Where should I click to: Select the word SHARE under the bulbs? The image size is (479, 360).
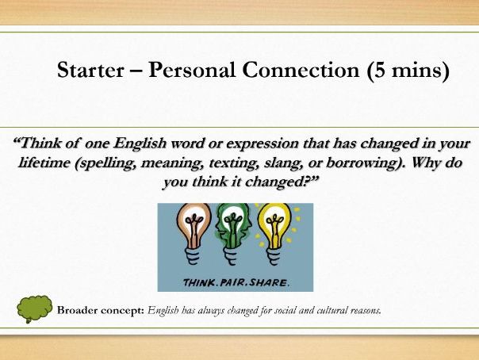[x=271, y=281]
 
